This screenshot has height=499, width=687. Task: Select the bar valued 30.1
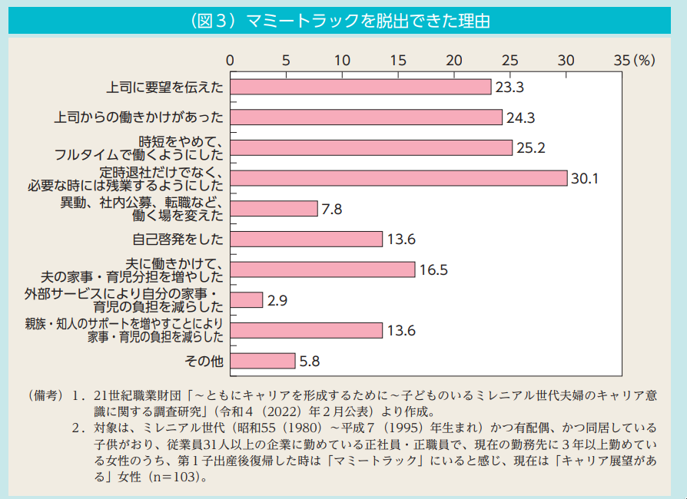tap(398, 178)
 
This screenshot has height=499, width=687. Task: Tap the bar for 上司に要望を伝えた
tap(360, 87)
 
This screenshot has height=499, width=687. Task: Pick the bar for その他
tap(263, 361)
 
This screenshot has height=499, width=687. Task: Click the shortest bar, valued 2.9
tap(247, 300)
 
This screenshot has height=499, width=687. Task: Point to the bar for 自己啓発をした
tap(306, 239)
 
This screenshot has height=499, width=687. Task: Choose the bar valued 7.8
tap(274, 209)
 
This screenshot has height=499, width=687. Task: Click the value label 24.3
tap(520, 117)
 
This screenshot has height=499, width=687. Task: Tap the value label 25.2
tap(530, 148)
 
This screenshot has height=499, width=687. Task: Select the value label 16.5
tap(433, 269)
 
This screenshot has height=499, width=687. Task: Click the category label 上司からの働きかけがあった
tap(139, 117)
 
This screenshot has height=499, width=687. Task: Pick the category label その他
tap(204, 361)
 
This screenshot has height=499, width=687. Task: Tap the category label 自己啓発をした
tap(178, 239)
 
